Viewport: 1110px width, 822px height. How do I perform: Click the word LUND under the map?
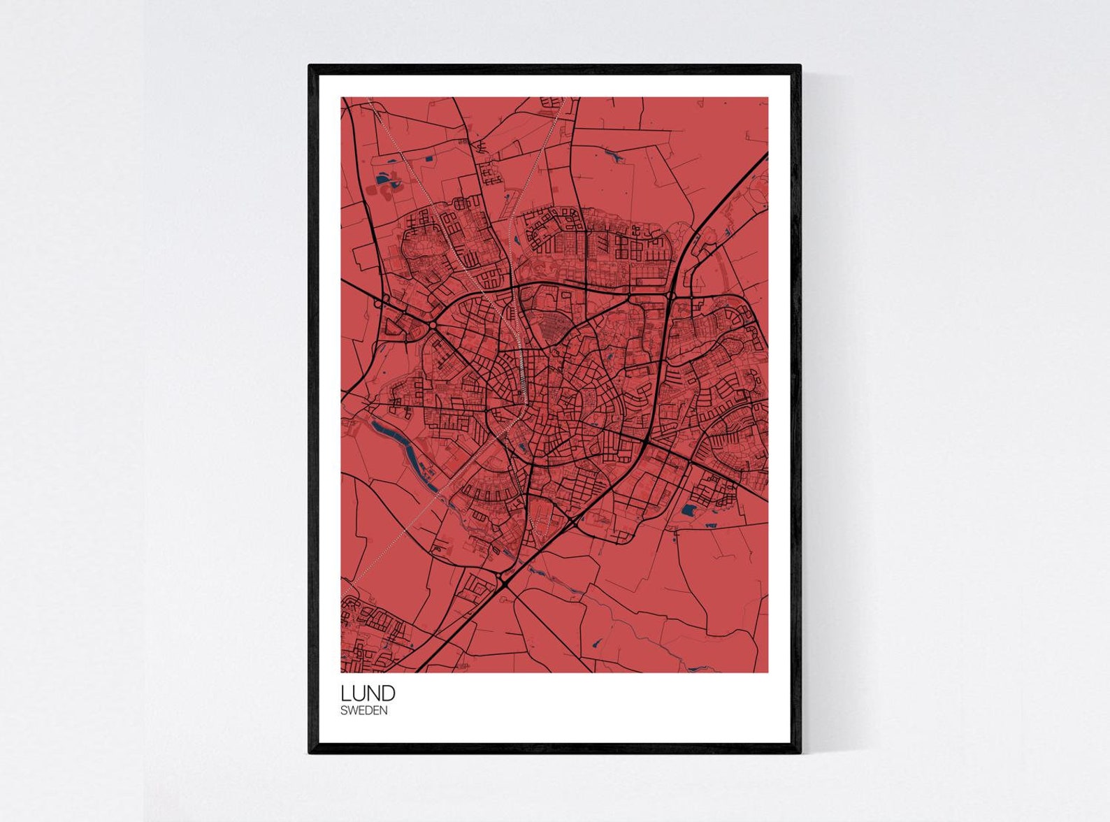pos(368,693)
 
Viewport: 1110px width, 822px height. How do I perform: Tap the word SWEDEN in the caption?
pos(363,711)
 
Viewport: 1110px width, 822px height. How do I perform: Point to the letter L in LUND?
pos(345,693)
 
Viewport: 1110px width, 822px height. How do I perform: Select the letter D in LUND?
pos(388,693)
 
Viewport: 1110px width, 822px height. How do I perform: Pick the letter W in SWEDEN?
pos(352,711)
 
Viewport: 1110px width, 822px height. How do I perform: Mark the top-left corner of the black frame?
pos(310,66)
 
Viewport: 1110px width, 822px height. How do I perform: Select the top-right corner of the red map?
pos(767,98)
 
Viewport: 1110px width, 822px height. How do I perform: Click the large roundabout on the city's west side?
pos(433,326)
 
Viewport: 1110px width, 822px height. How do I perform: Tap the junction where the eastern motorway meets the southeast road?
pos(645,442)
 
